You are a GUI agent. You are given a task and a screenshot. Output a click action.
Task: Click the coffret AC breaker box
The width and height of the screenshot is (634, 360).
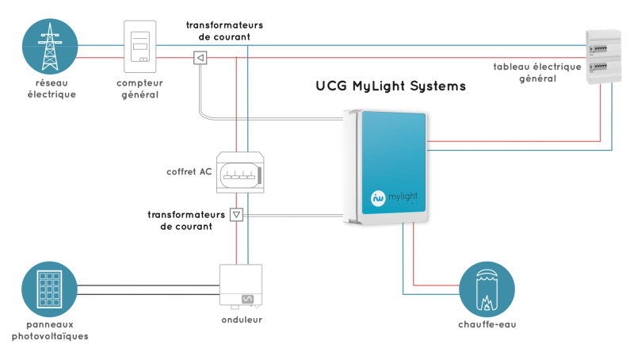click(x=238, y=171)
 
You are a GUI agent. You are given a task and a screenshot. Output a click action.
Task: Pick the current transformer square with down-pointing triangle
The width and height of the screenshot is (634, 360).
click(x=235, y=215)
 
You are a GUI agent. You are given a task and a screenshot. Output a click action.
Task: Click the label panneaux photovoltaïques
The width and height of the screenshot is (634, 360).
click(x=50, y=331)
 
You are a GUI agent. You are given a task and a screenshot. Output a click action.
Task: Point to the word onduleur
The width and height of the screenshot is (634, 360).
click(x=242, y=320)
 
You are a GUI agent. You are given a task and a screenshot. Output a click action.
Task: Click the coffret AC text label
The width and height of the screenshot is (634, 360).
click(x=189, y=171)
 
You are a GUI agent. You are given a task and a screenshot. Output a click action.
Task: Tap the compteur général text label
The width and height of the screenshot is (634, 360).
click(x=139, y=89)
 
